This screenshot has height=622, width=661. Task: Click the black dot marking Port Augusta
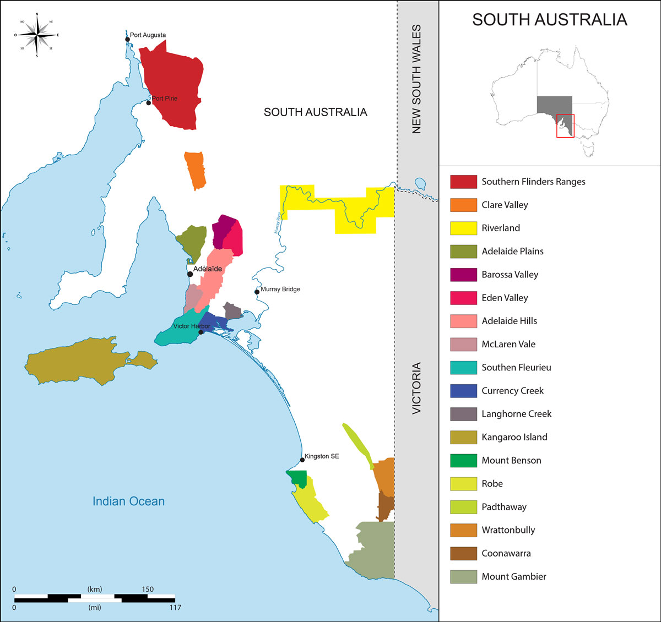pos(128,39)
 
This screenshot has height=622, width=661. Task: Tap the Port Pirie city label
pos(165,99)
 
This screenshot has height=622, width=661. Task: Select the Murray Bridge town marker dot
pos(257,292)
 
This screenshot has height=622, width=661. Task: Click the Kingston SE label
pos(322,456)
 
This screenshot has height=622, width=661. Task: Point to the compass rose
pos(37,35)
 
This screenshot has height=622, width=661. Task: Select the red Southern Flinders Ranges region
pos(174,85)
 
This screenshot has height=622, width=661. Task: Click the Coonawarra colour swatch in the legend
pos(463,553)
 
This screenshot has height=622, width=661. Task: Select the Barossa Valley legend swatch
pos(463,275)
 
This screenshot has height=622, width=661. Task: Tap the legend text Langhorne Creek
pos(516,414)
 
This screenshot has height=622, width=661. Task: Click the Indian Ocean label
pos(128,501)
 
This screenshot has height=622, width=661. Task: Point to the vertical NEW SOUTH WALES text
pos(416,79)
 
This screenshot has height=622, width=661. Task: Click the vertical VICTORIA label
pos(416,388)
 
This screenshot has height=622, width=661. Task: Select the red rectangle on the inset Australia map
pos(565,126)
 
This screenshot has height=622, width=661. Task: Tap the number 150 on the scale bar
pos(147,589)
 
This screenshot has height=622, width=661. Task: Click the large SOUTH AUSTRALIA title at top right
pos(549,20)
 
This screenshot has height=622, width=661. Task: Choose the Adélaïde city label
pos(208,269)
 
